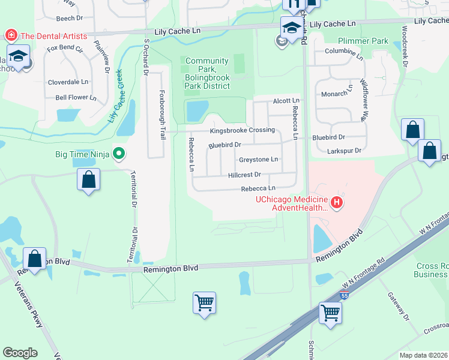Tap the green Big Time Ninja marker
pyautogui.click(x=119, y=154)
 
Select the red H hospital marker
pyautogui.click(x=337, y=203)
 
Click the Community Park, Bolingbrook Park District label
pyautogui.click(x=207, y=73)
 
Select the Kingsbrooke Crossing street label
pyautogui.click(x=242, y=130)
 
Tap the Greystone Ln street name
pyautogui.click(x=259, y=160)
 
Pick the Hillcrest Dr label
pyautogui.click(x=244, y=175)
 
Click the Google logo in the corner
pyautogui.click(x=20, y=353)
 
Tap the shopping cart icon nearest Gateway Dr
pyautogui.click(x=330, y=313)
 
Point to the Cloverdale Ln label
pyautogui.click(x=68, y=81)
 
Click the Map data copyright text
pyautogui.click(x=423, y=355)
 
